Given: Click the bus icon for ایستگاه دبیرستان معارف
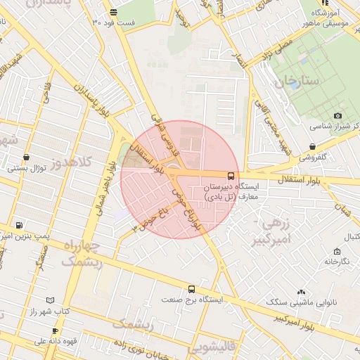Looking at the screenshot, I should coord(231,176).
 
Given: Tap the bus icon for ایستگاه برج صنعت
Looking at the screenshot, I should coord(191,289).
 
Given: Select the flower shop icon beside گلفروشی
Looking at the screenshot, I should coord(312,147).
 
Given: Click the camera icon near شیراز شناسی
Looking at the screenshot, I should coord(338,115).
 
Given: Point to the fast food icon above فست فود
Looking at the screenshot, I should coord(114,12).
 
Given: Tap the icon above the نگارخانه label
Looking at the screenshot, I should coord(337,251).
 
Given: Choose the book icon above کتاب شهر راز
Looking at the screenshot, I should coord(50,300).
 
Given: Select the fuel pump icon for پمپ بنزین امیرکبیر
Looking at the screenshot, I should coord(18,226).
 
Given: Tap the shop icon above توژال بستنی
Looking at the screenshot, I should coord(27,157).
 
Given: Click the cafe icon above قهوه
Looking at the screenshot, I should coord(55,330).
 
